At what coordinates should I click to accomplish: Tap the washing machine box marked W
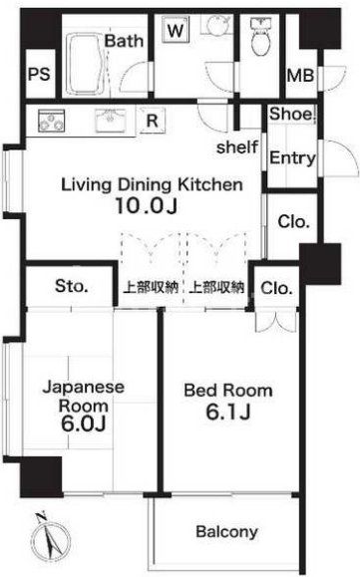[176, 31]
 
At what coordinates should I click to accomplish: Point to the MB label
[298, 75]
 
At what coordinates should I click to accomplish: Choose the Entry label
[292, 157]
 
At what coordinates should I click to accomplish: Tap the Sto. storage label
[72, 287]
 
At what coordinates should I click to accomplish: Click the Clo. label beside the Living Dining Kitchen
[293, 221]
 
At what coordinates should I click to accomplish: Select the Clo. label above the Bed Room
[276, 288]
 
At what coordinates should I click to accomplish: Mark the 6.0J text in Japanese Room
[69, 425]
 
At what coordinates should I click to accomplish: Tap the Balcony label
[227, 531]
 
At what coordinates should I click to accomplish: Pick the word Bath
[126, 41]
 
